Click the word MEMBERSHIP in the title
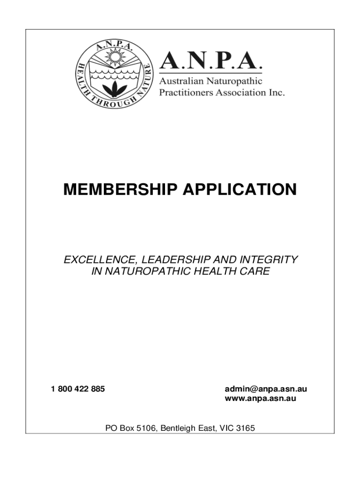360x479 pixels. click(x=120, y=190)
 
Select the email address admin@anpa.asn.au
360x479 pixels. click(x=266, y=389)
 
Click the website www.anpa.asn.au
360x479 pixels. click(x=260, y=399)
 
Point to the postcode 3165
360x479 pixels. click(x=245, y=428)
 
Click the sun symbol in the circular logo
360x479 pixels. click(x=114, y=58)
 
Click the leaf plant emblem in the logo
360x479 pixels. click(x=114, y=87)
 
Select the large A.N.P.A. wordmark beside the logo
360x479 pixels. click(x=211, y=61)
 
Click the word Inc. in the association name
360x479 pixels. click(x=276, y=92)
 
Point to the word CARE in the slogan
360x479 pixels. click(x=258, y=271)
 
